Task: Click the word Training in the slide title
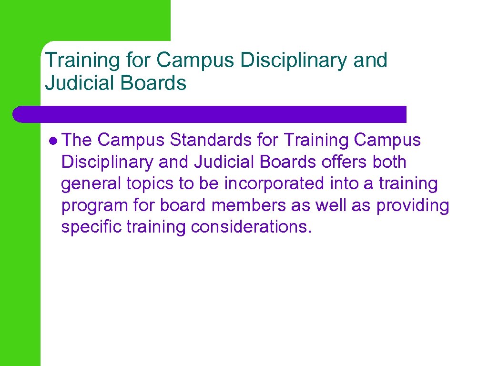75,61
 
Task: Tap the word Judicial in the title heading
76,83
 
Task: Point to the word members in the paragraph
250,206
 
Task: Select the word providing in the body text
413,206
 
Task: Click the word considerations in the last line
252,227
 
